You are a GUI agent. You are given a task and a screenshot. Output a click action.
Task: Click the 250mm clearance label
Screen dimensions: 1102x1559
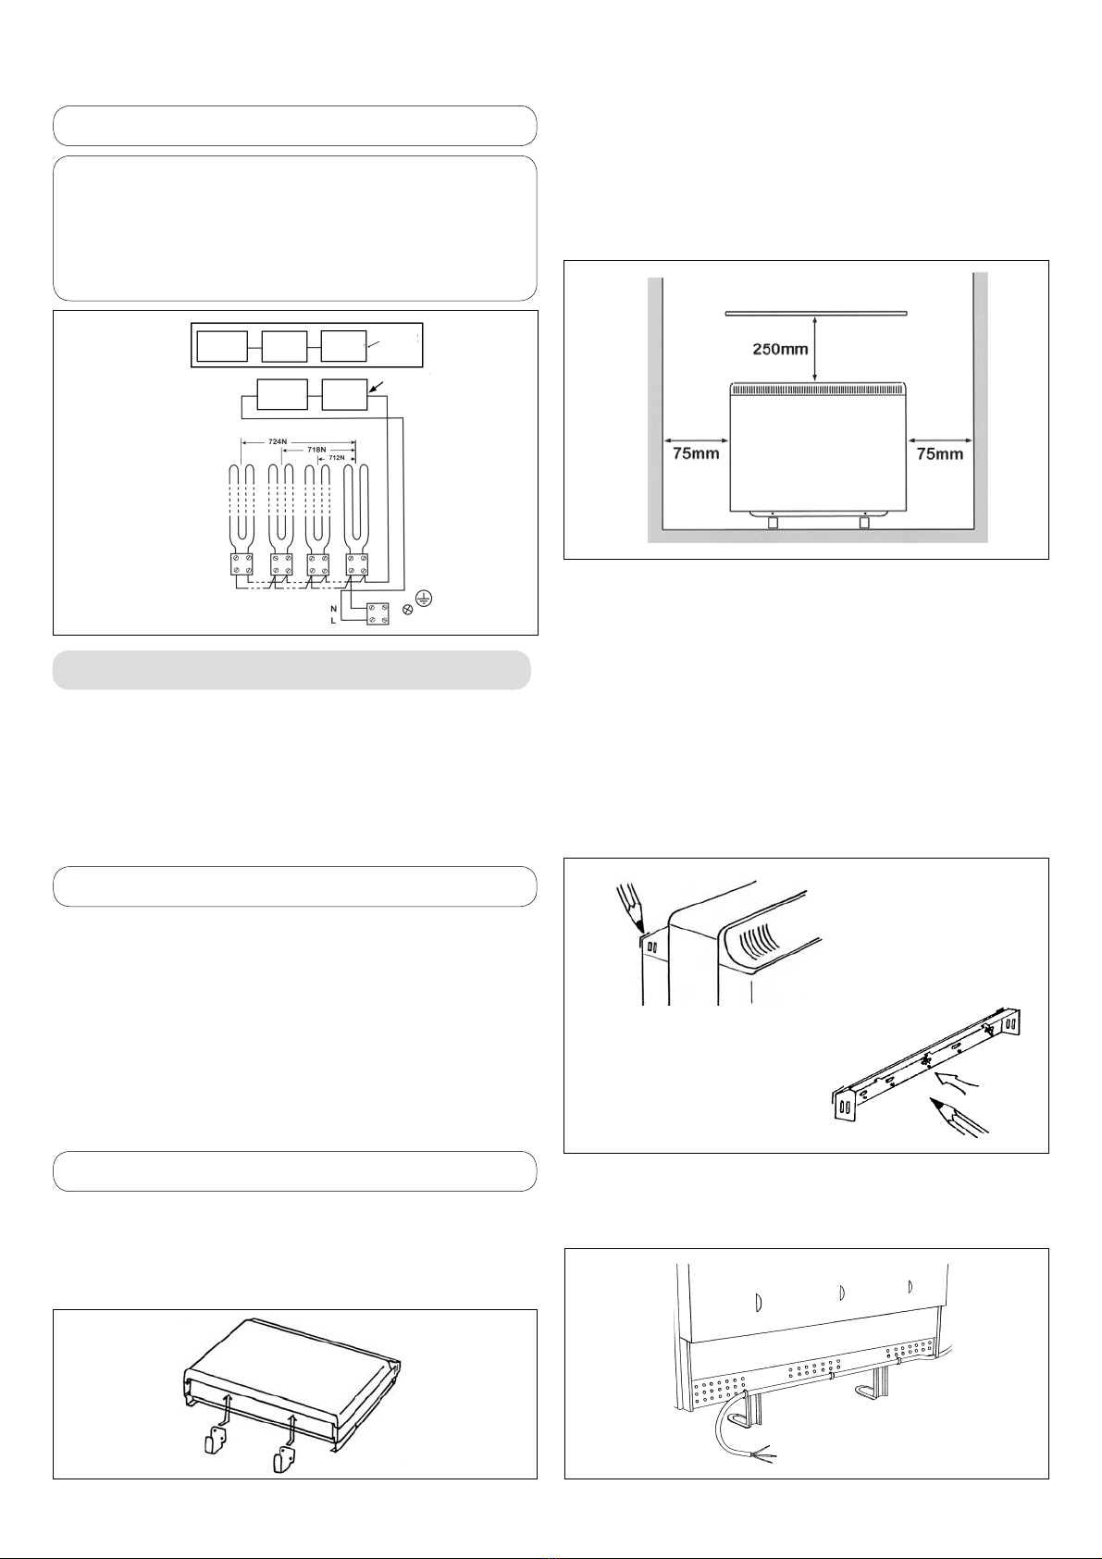(x=780, y=349)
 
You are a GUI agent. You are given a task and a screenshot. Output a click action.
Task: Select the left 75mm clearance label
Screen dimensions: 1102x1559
(x=696, y=453)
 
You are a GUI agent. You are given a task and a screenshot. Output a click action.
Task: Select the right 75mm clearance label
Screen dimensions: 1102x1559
(x=940, y=453)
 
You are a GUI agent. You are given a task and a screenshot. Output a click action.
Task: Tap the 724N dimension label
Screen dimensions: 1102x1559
(x=278, y=441)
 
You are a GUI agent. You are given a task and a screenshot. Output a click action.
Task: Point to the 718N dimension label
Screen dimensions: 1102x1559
(x=316, y=450)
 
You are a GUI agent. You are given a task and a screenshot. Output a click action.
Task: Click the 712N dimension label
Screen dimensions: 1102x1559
(x=337, y=458)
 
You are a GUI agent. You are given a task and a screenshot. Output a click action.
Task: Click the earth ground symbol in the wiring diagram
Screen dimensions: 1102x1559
(x=423, y=597)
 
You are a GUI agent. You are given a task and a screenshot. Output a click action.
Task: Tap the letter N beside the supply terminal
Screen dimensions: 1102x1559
(x=333, y=609)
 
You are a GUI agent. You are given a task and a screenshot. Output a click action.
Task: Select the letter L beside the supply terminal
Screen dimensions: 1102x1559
(x=333, y=621)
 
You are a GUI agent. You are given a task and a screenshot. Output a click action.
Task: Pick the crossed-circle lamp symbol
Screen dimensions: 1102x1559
(x=409, y=610)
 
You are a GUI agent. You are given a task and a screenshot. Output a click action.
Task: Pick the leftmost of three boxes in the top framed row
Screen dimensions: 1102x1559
(x=222, y=347)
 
